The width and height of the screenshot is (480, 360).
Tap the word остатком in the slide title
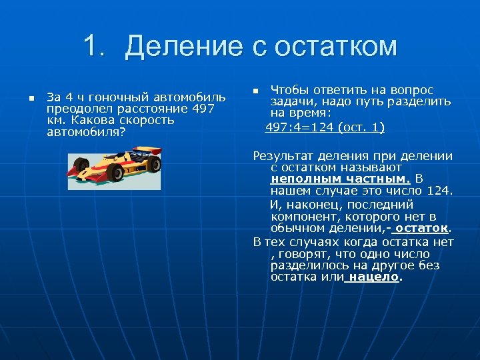(x=324, y=47)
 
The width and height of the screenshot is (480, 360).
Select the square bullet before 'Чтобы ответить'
(x=255, y=90)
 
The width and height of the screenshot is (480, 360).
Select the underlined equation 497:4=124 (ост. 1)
(x=325, y=127)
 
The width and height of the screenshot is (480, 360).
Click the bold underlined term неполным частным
(x=340, y=179)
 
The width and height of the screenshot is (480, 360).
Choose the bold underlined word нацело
(x=374, y=277)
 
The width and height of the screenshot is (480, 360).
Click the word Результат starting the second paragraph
(x=284, y=156)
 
